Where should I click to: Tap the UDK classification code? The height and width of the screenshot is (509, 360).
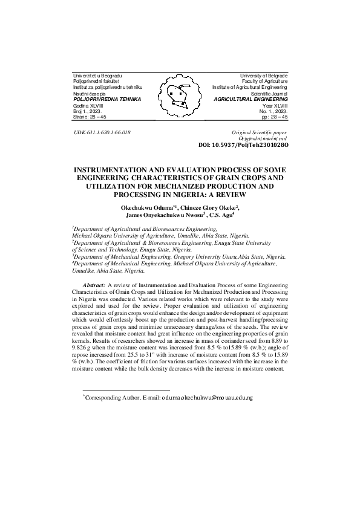point(102,132)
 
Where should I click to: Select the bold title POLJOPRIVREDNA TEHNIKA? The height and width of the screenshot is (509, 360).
point(106,99)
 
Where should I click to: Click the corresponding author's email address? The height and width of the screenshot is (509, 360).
point(207,398)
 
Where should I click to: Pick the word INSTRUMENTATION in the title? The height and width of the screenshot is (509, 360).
point(118,170)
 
